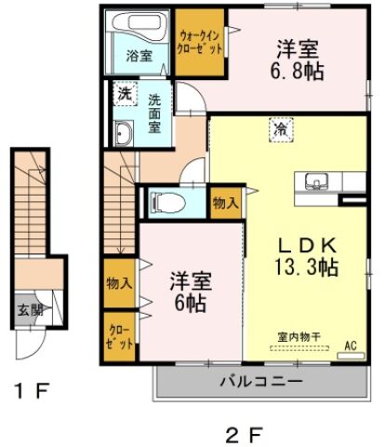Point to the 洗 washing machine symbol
124,93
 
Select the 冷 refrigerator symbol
279,130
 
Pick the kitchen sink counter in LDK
314,183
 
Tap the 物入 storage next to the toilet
224,201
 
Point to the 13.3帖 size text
303,267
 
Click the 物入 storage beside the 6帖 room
118,282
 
